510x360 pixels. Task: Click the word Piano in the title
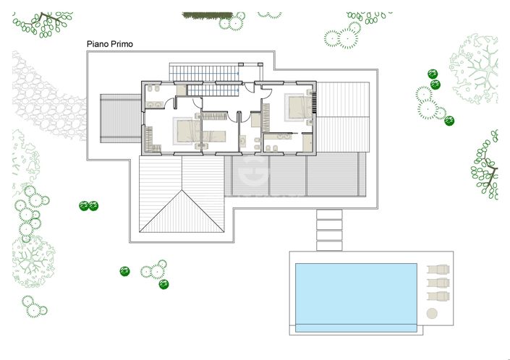coord(98,44)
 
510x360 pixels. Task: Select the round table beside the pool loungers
coord(433,313)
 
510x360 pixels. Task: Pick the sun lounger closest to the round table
coord(438,296)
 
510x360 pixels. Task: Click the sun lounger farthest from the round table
coord(438,271)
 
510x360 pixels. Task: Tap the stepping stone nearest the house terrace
coord(329,215)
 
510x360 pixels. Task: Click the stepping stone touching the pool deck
coord(329,245)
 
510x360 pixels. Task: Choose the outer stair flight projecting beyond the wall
coord(205,72)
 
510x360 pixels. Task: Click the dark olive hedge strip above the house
coord(207,14)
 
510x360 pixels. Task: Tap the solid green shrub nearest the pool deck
coord(163,284)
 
